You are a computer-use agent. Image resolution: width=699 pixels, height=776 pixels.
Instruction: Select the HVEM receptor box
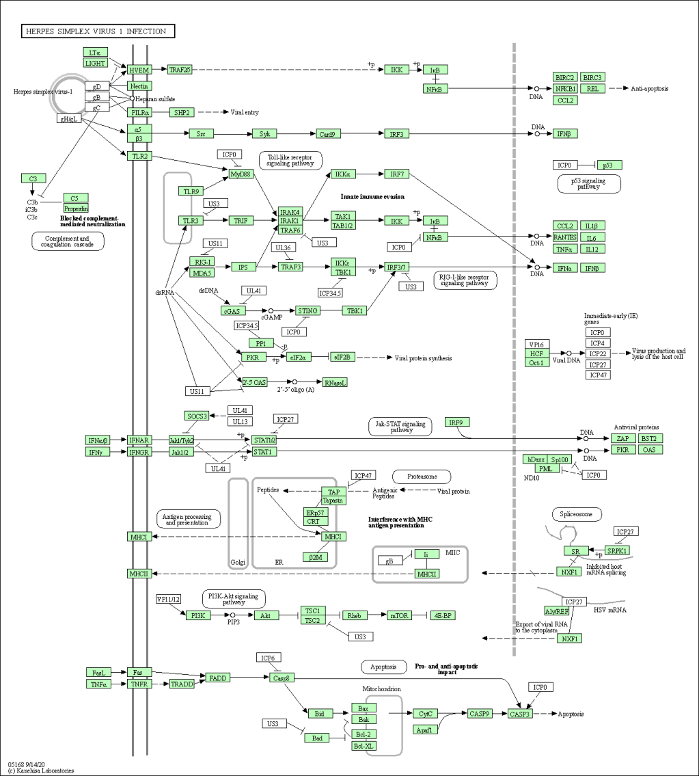[x=139, y=70]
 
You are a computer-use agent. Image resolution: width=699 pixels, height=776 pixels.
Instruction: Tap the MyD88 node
[x=241, y=174]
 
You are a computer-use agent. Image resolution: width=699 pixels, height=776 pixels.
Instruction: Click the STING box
[x=307, y=310]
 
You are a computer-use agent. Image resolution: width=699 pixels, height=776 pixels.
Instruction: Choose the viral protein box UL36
[x=283, y=247]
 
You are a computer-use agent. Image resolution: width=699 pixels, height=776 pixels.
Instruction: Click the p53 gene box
[x=609, y=165]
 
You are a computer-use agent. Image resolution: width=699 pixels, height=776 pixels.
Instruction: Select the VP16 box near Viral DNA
[x=536, y=344]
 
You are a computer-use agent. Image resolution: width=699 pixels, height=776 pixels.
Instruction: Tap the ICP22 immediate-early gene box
[x=598, y=353]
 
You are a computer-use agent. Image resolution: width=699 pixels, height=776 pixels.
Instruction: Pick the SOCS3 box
[x=195, y=416]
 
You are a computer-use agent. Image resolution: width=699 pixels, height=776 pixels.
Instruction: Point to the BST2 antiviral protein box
[x=649, y=438]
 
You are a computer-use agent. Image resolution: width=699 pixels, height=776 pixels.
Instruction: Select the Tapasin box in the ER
[x=333, y=500]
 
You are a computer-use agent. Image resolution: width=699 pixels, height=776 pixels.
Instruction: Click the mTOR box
[x=399, y=615]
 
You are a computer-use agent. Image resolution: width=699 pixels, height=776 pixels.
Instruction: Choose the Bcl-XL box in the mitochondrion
[x=363, y=746]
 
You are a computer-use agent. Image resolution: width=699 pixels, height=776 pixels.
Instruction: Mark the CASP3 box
[x=519, y=714]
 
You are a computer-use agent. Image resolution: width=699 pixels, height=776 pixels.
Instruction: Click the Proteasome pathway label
[x=422, y=476]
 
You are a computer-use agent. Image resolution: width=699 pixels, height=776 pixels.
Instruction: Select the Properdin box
[x=76, y=208]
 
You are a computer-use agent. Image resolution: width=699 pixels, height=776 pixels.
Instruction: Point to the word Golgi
[x=237, y=562]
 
